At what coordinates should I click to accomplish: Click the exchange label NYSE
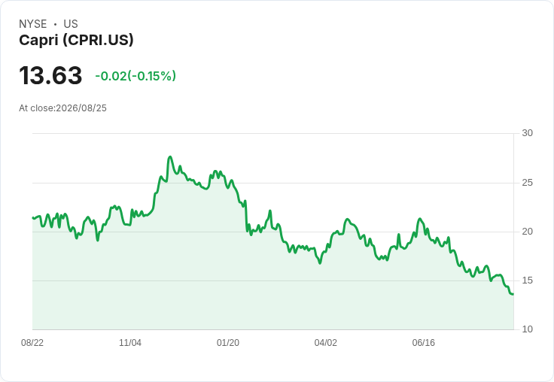tap(33, 24)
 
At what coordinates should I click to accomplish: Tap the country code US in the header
tap(71, 24)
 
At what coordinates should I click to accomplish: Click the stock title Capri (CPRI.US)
tap(76, 40)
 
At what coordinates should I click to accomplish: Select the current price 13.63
tap(50, 75)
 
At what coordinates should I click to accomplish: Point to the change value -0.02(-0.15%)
tap(135, 76)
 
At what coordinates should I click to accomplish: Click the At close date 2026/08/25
tap(81, 108)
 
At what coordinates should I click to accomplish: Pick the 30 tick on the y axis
tap(527, 133)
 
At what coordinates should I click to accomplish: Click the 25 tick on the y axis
tap(527, 183)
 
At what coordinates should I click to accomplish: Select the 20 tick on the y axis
tap(527, 232)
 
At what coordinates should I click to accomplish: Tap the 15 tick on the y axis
tap(527, 280)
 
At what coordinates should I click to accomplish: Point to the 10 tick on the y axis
tap(527, 329)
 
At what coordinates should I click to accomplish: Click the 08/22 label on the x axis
tap(32, 343)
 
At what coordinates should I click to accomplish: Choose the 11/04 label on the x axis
tap(130, 343)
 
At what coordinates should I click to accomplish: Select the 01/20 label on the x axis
tap(228, 343)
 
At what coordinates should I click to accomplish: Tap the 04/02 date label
tap(326, 343)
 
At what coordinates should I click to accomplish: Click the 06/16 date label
tap(423, 343)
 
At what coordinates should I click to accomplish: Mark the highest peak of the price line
tap(170, 156)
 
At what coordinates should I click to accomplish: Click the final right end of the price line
tap(513, 294)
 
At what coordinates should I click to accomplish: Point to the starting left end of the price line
tap(33, 218)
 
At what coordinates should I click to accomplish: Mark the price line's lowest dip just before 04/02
tap(320, 263)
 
